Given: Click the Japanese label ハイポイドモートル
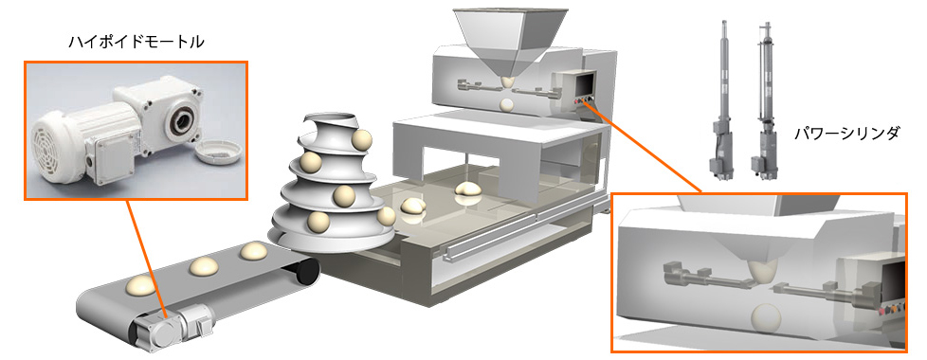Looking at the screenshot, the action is coord(136,43).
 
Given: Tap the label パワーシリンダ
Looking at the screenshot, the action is coord(847,135).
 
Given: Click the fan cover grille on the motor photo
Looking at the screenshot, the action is coord(49,145).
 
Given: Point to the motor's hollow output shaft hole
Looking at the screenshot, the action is coord(180,120).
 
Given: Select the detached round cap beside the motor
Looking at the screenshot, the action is coord(219,152).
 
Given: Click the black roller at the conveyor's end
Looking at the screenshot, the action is coord(306,271).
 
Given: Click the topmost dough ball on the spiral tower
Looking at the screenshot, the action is coord(360,140).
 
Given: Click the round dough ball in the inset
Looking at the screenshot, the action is coord(764,316).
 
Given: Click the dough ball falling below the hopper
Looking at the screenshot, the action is coord(507,105).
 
